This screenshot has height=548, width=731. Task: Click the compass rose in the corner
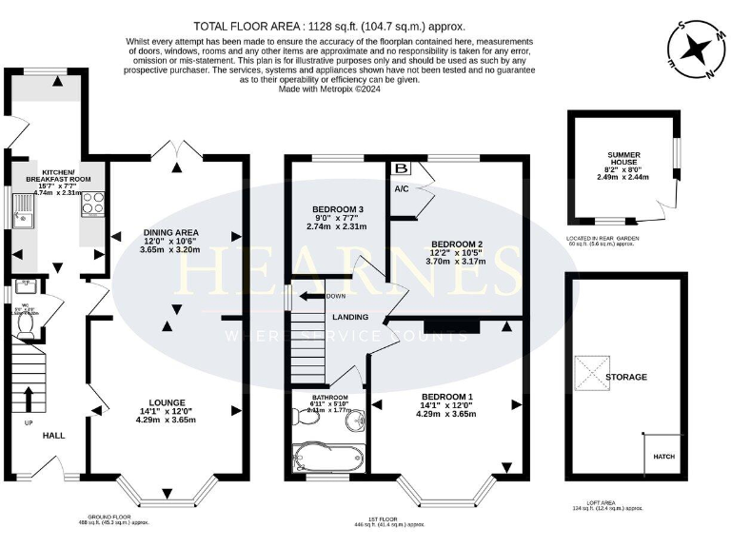(x=699, y=49)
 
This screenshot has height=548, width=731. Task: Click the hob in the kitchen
(x=94, y=204)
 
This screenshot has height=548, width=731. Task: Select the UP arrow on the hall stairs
(x=27, y=399)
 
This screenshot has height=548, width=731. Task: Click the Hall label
(x=53, y=435)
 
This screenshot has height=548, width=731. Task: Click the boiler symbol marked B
(x=402, y=168)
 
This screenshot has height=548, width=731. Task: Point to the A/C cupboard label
(x=401, y=189)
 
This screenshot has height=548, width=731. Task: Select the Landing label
(x=350, y=317)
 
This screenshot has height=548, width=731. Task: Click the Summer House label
(x=625, y=159)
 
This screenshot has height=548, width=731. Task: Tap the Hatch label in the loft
(x=663, y=457)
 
